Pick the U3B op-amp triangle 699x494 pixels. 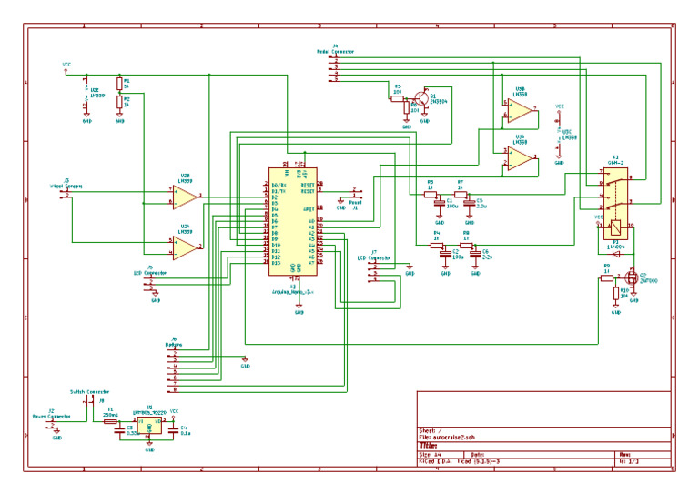point(520,111)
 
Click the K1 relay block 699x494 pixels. point(616,195)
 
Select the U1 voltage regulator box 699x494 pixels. point(148,424)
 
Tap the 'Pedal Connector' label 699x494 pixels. point(336,51)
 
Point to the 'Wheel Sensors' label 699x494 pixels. point(66,186)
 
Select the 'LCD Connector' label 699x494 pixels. point(374,257)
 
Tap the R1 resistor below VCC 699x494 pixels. point(119,85)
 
